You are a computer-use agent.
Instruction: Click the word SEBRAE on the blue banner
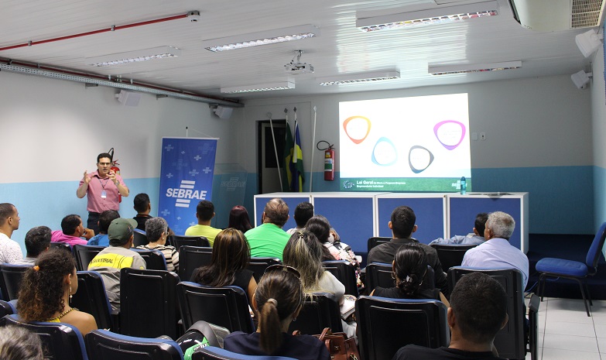(x=185, y=194)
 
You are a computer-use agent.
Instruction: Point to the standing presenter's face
(x=104, y=164)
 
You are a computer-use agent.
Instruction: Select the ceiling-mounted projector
(x=299, y=66)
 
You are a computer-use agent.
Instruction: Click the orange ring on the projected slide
(x=357, y=129)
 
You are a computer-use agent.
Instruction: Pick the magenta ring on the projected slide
(x=450, y=133)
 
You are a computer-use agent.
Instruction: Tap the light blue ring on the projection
(x=384, y=151)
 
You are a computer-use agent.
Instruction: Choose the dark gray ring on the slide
(x=420, y=158)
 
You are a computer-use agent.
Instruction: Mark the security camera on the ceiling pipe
(x=193, y=15)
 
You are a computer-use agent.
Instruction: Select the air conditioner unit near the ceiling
(x=558, y=14)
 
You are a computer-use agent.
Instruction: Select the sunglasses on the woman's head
(x=284, y=271)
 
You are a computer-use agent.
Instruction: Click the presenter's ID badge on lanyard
(x=104, y=194)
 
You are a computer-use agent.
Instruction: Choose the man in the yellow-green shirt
(x=204, y=225)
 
